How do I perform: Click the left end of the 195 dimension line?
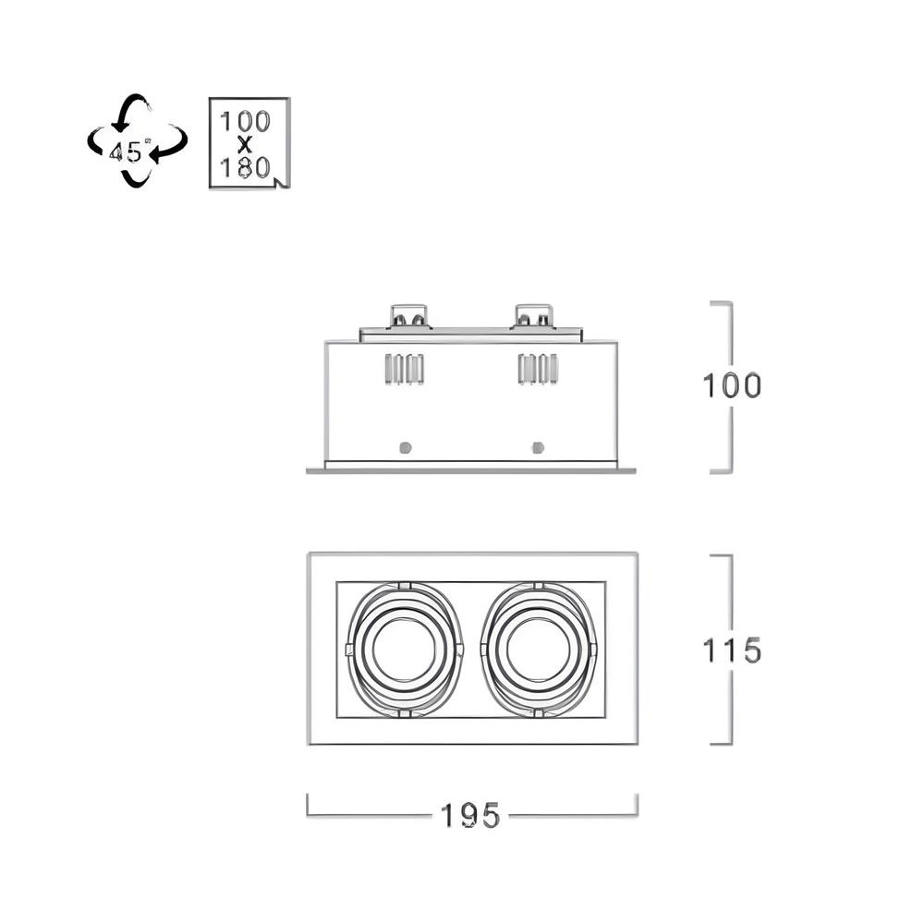(x=308, y=816)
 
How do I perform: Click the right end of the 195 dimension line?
(x=637, y=816)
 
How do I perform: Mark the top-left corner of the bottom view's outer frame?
(x=309, y=553)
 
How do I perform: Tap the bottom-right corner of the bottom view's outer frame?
(x=638, y=744)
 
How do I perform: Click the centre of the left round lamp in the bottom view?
(x=406, y=649)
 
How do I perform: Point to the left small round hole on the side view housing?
(x=405, y=447)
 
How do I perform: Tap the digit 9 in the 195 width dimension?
(x=469, y=816)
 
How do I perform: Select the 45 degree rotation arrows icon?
(x=138, y=140)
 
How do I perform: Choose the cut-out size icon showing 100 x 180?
(x=249, y=143)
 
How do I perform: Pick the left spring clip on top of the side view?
(x=408, y=316)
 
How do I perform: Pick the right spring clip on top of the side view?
(x=534, y=316)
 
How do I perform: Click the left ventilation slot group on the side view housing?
(x=405, y=369)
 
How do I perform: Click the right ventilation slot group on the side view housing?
(x=538, y=369)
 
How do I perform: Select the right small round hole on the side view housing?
(x=538, y=447)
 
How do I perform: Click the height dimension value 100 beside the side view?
(x=732, y=386)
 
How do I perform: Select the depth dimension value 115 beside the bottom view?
(x=732, y=650)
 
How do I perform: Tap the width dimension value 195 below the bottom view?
(x=470, y=816)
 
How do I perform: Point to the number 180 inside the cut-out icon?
(x=245, y=168)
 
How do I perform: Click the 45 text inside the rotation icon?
(x=126, y=152)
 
